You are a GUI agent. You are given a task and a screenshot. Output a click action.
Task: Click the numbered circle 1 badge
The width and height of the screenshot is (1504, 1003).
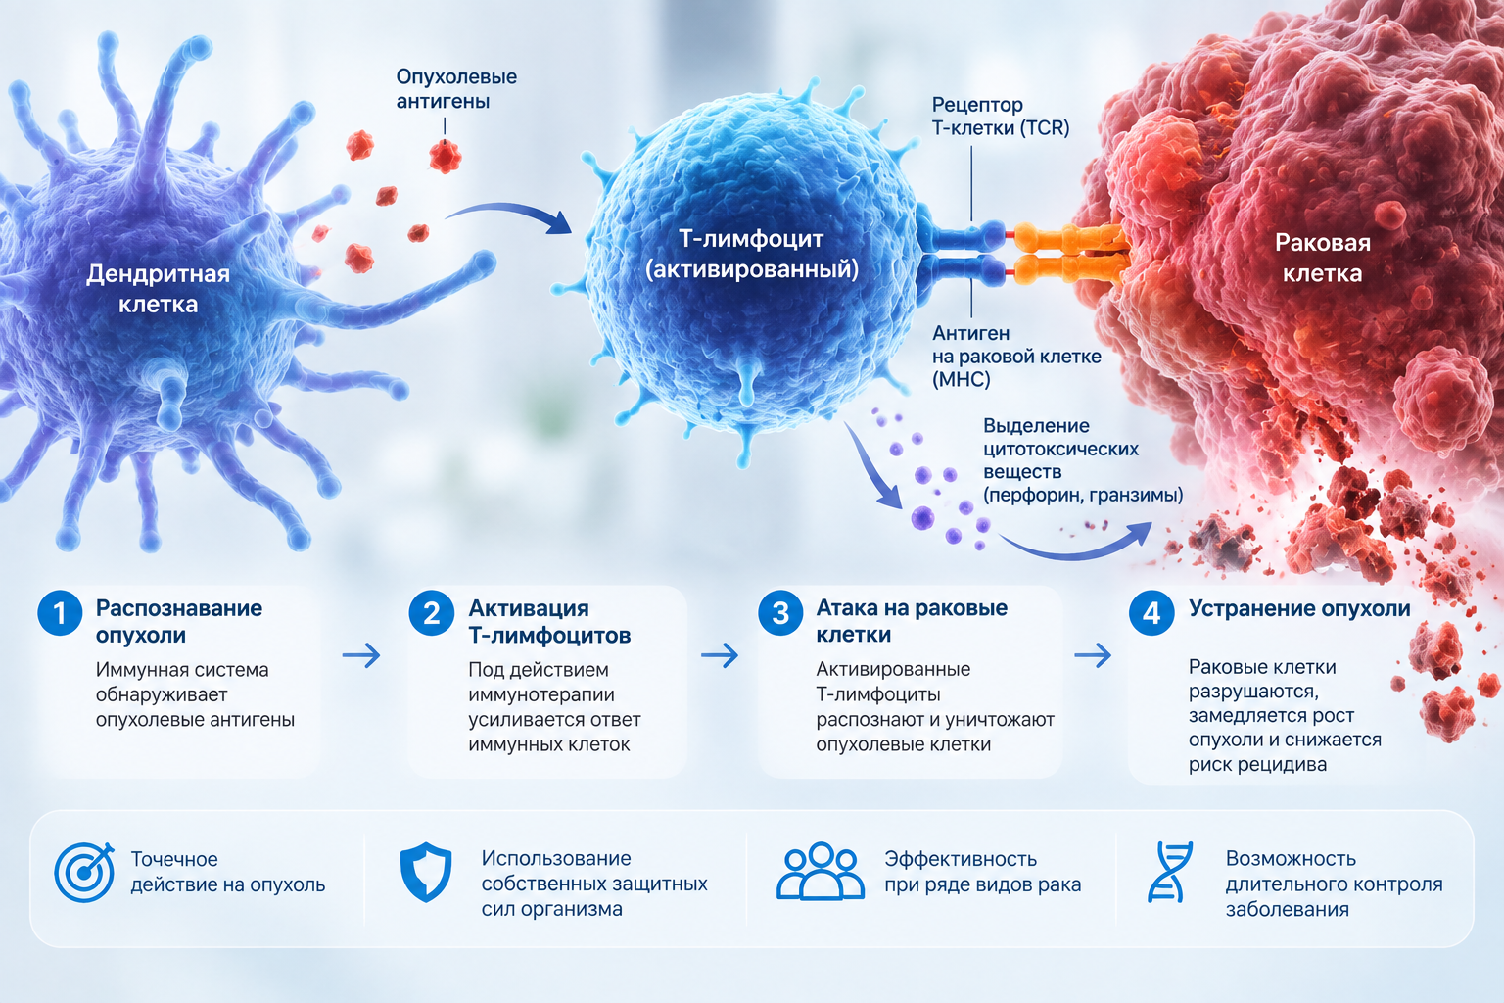coord(60,613)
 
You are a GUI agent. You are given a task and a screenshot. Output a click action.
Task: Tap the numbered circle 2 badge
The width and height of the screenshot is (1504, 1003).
coord(431,613)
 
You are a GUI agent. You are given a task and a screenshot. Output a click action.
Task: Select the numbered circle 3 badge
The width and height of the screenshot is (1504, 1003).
coord(780,613)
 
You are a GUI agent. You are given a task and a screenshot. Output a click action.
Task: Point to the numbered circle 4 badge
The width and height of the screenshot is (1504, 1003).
coord(1151,613)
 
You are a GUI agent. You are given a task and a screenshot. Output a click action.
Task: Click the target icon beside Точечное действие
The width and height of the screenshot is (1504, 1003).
coord(84,872)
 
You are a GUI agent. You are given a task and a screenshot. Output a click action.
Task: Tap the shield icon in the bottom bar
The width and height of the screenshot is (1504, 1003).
coord(426,872)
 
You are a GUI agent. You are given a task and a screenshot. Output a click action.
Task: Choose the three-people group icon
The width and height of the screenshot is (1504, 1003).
coord(820,871)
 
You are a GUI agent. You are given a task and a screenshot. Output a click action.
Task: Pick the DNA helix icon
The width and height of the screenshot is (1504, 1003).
coord(1170,872)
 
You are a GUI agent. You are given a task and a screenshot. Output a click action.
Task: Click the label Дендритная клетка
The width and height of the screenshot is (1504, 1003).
coord(159,289)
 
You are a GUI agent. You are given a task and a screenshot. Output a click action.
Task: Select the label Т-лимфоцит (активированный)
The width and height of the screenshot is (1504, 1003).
coord(751,254)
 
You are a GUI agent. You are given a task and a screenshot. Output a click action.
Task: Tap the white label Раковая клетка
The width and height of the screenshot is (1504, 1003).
coord(1323,258)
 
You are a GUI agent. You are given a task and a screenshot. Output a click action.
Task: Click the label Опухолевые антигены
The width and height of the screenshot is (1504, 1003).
coord(456,89)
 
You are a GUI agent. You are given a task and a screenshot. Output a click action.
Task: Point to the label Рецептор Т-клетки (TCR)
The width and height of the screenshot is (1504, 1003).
coord(1001,117)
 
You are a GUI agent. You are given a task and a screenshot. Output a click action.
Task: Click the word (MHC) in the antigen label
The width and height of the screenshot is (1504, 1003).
coord(961,380)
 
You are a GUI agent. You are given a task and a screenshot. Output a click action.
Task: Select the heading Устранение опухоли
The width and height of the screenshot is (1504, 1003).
coord(1299,608)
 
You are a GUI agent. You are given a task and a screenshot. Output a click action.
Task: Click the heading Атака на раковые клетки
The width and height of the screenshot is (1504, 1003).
coord(912,621)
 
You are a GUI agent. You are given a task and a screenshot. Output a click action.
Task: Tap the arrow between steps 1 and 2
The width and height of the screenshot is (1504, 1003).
coord(361,655)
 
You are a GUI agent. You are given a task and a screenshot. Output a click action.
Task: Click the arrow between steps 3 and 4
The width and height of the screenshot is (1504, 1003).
coord(1093,655)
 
